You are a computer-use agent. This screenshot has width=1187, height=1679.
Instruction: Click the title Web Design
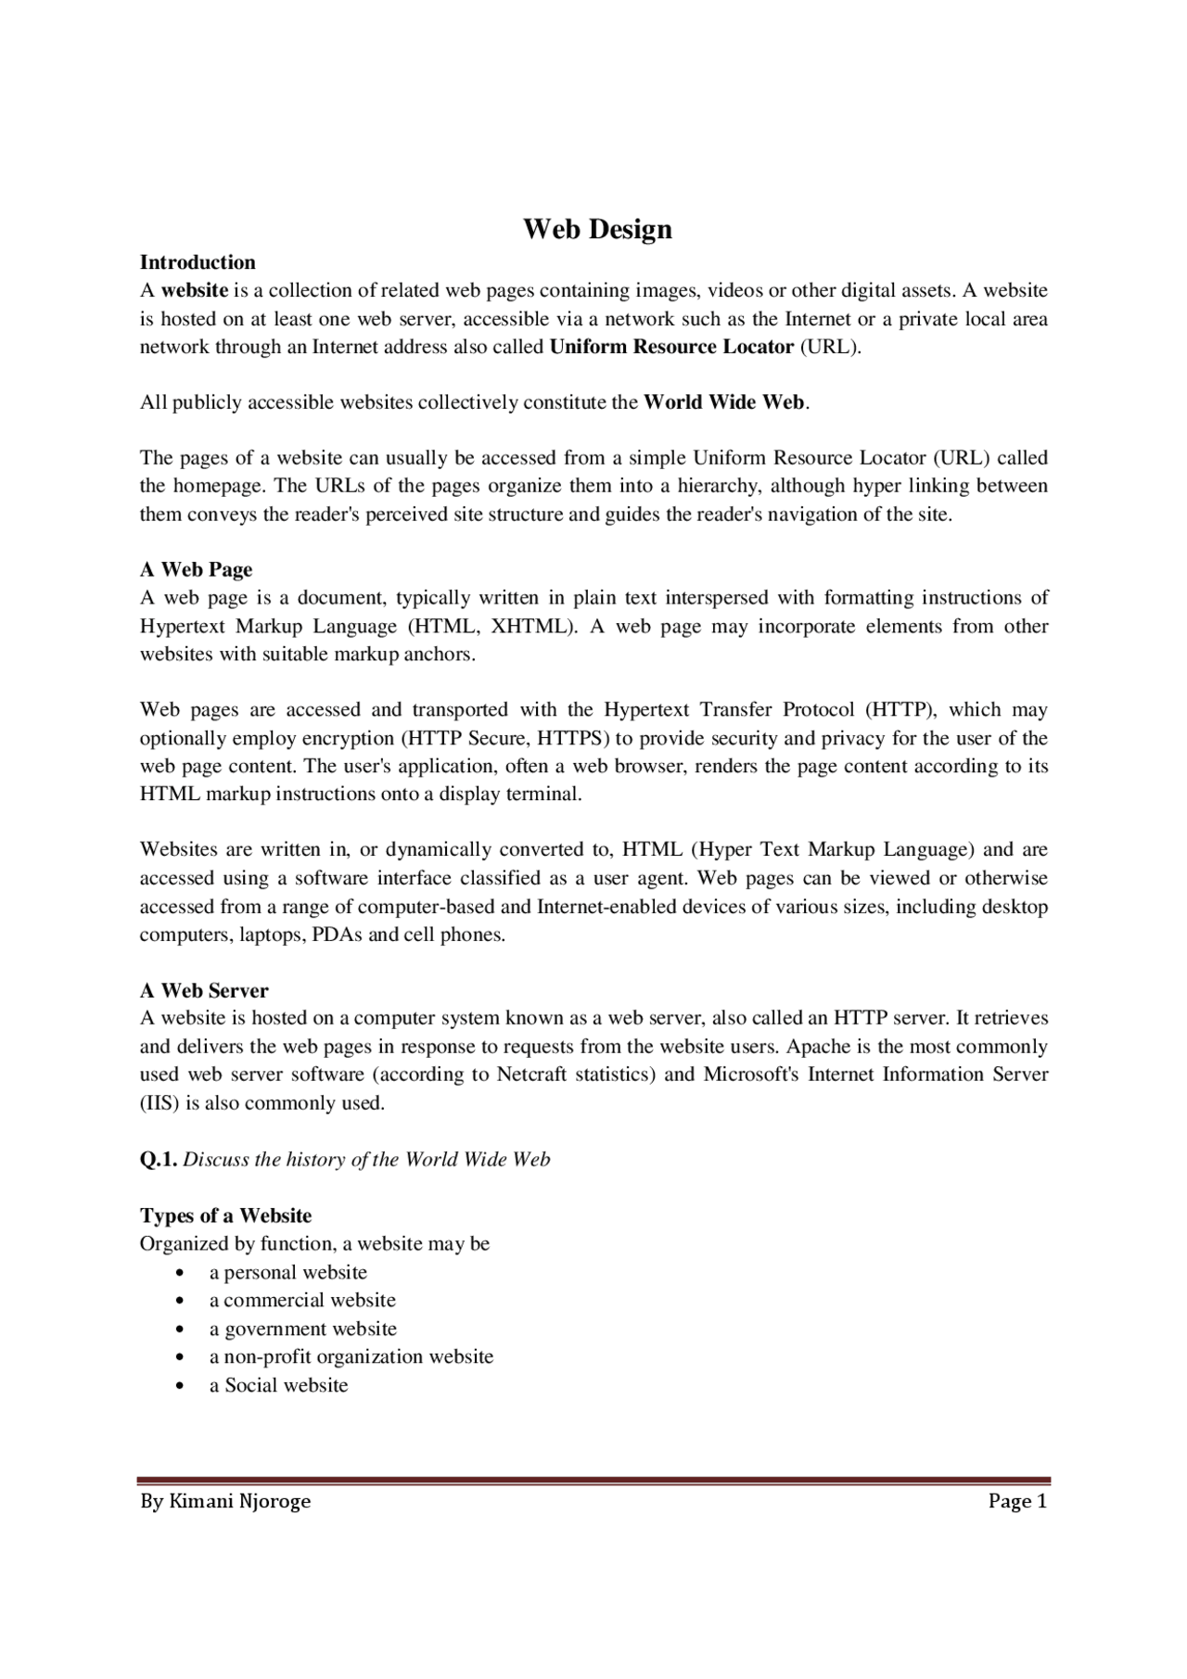(597, 229)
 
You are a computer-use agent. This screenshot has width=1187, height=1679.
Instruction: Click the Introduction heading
(198, 262)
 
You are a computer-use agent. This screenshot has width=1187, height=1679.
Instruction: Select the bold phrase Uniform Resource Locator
(671, 348)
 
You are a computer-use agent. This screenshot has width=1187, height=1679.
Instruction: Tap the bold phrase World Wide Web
(723, 402)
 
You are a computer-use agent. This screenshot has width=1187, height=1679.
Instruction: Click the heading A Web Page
(196, 570)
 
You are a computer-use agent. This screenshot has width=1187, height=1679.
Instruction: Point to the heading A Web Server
(204, 990)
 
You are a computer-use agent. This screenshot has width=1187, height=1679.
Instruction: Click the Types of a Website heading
(225, 1215)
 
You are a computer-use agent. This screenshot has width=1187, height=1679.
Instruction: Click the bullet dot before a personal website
(179, 1273)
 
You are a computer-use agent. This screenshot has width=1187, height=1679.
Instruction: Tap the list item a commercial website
(302, 1301)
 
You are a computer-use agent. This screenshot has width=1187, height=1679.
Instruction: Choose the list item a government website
(302, 1329)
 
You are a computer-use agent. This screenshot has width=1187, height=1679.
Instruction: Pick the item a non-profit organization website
(351, 1357)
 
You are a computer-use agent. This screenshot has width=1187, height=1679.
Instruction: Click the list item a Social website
(278, 1386)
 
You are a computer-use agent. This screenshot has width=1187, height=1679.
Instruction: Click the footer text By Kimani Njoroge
(225, 1501)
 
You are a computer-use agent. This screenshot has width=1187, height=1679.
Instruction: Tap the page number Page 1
(1017, 1501)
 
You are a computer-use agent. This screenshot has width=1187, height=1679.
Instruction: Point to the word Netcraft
(532, 1075)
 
